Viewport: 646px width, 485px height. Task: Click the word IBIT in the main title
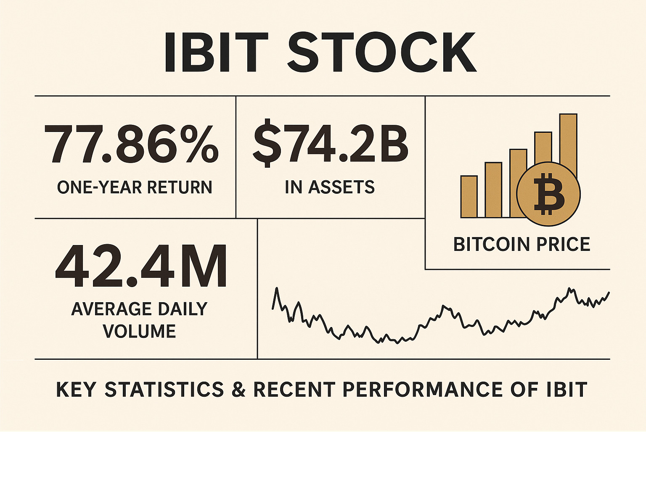(x=216, y=53)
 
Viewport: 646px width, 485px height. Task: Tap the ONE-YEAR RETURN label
(x=135, y=187)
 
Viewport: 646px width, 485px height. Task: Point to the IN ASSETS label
(x=330, y=187)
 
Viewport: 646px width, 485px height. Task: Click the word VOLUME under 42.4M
(x=140, y=332)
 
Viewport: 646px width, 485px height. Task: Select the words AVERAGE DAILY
(x=140, y=309)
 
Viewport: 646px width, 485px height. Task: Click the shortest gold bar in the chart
(x=469, y=196)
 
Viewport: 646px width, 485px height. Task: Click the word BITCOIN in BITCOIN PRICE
(x=491, y=245)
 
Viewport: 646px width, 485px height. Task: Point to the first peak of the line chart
(x=276, y=289)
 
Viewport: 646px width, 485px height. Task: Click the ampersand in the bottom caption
(x=238, y=390)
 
